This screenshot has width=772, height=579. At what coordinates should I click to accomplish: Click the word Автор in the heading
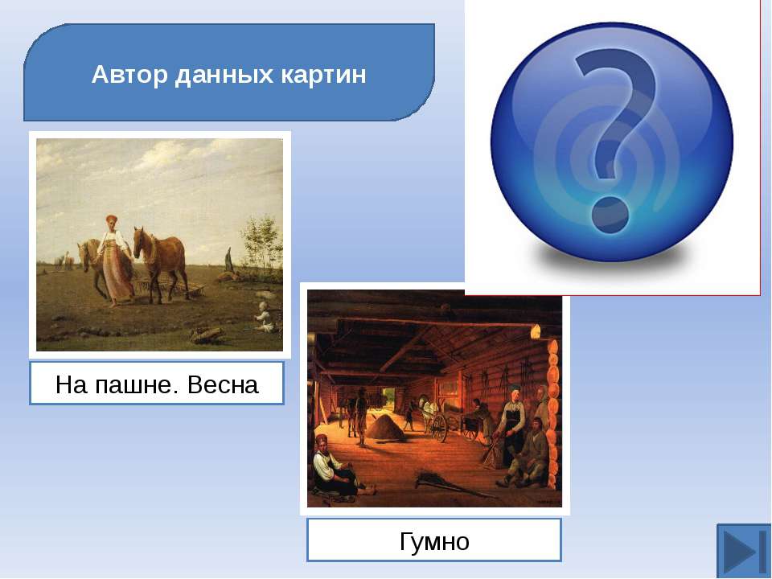pyautogui.click(x=129, y=75)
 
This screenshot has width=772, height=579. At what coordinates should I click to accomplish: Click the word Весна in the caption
pyautogui.click(x=223, y=384)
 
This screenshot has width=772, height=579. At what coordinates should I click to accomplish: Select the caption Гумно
pyautogui.click(x=434, y=541)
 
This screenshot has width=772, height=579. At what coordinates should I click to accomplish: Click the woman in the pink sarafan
pyautogui.click(x=115, y=261)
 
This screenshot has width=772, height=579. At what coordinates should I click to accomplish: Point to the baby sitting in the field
pyautogui.click(x=265, y=318)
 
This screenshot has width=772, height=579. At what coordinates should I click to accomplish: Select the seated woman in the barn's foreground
pyautogui.click(x=335, y=466)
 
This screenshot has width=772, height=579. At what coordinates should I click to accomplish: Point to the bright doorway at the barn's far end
pyautogui.click(x=389, y=398)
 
